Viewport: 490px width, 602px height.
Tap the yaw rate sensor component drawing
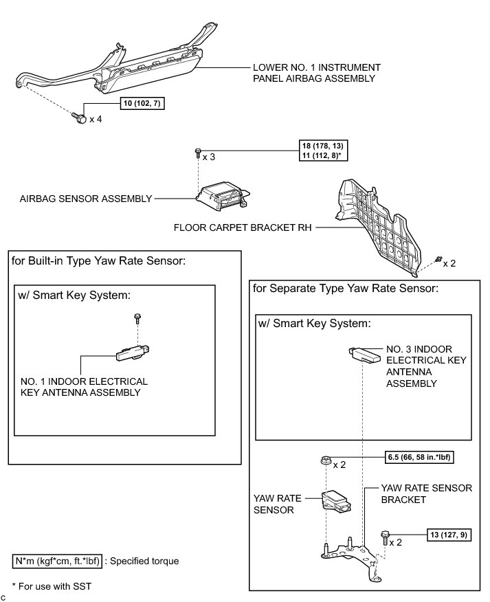tap(337, 502)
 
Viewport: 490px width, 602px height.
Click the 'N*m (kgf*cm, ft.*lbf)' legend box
tap(58, 561)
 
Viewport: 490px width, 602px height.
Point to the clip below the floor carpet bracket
tap(437, 260)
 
